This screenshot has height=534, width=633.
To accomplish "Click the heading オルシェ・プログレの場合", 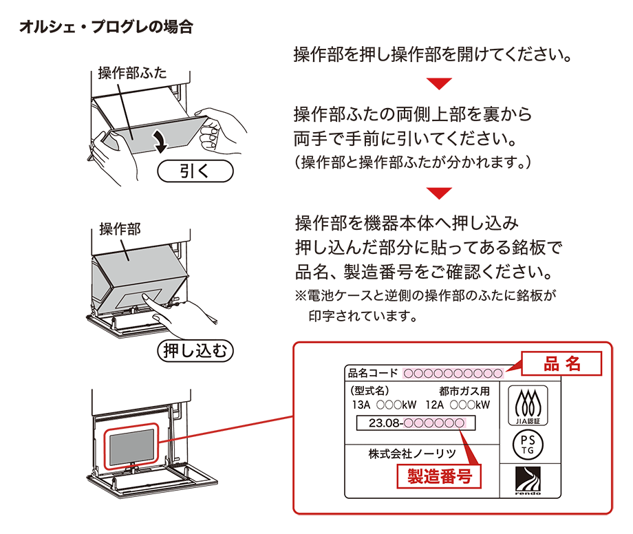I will click(x=106, y=28).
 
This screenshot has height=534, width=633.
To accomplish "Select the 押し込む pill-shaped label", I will click(x=196, y=351).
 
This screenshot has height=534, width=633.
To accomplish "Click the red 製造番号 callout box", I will click(x=439, y=476).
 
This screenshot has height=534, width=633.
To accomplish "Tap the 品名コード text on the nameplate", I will click(x=373, y=374).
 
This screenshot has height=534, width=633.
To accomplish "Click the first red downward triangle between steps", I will click(x=439, y=84).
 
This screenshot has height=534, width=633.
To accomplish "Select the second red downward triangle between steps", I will click(x=439, y=192).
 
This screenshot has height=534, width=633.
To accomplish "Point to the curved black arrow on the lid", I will click(x=161, y=140).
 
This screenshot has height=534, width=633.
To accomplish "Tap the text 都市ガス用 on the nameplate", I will click(x=464, y=390).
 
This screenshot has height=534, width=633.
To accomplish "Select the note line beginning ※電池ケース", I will click(x=425, y=296).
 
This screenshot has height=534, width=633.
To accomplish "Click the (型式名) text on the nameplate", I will click(x=369, y=390).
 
